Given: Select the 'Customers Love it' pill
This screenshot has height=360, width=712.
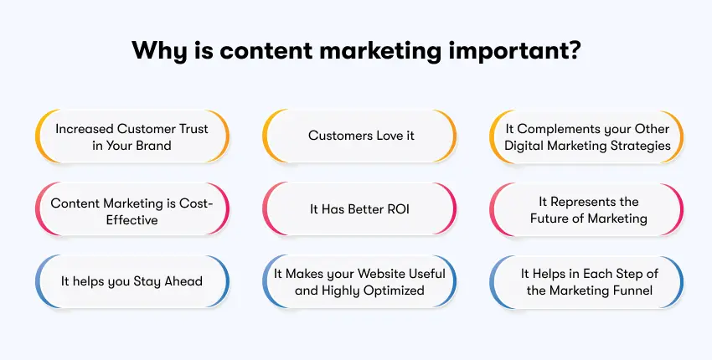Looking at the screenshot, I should (360, 136).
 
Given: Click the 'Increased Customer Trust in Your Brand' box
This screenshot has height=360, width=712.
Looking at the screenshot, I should (132, 136).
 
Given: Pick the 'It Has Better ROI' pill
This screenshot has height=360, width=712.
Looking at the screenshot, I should (360, 209).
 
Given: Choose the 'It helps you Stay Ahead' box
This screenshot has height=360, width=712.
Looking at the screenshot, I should (132, 281).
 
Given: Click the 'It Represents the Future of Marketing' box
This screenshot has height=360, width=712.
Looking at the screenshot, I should (586, 209).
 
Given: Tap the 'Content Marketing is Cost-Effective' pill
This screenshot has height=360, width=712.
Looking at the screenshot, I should (132, 209).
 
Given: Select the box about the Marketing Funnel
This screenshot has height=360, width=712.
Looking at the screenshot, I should (586, 281).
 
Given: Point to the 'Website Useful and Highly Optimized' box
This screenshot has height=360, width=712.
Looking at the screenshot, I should (360, 281).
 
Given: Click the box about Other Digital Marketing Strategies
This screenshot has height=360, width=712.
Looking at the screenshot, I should (586, 136).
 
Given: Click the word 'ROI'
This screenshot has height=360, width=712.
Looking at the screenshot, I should (396, 209).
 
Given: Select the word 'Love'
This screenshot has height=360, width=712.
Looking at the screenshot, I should (384, 136).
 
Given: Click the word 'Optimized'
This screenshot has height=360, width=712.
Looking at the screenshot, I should (395, 290).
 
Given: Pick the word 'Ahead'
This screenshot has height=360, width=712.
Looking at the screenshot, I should (182, 281).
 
